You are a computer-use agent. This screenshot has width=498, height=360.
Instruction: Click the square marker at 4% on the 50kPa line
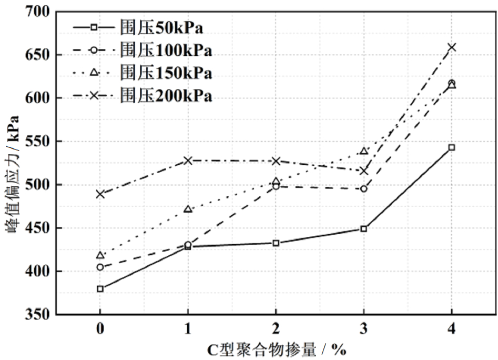coord(451,147)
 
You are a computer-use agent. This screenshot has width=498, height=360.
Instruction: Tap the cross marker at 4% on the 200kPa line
coord(451,47)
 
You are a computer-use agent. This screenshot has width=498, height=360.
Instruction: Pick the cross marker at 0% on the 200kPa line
coord(100,194)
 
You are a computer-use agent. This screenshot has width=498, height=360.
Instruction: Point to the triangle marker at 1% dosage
coord(188,209)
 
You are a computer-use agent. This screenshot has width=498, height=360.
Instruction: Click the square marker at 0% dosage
coord(100,289)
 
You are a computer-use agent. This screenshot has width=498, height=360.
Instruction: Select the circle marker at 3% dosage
coord(363,188)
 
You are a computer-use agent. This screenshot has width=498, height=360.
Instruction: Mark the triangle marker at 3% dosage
coord(363,151)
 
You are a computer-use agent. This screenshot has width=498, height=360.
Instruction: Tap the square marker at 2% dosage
coord(276,243)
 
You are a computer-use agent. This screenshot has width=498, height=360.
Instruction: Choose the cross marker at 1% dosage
coord(188,161)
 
